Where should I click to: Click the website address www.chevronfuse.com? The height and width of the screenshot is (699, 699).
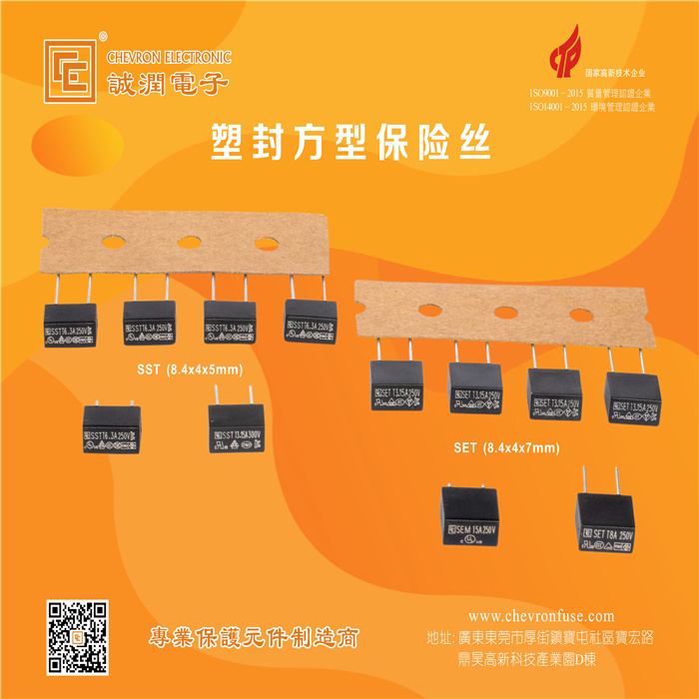point(541,617)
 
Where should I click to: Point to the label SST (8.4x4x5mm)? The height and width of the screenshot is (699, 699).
point(190,369)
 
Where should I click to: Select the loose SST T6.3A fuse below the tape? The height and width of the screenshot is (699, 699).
point(110,431)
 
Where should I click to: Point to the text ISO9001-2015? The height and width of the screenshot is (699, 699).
point(561,94)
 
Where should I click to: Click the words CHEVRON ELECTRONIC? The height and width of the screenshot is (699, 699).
point(169,57)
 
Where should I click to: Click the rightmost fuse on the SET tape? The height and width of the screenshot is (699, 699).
point(634,397)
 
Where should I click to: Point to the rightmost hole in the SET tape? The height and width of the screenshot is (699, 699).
point(580,315)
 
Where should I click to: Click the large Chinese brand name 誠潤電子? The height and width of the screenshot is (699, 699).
point(167,82)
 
